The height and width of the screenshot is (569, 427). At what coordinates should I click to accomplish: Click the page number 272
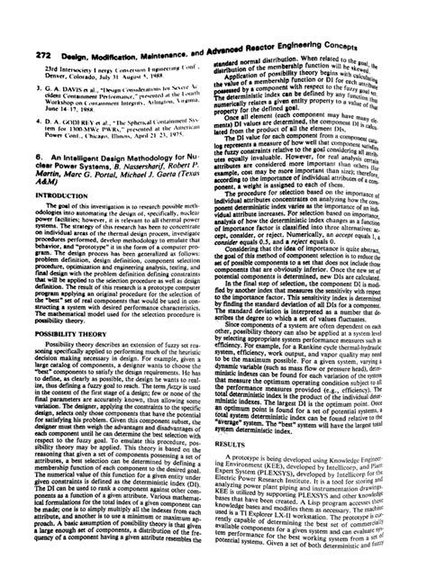click(15, 28)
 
